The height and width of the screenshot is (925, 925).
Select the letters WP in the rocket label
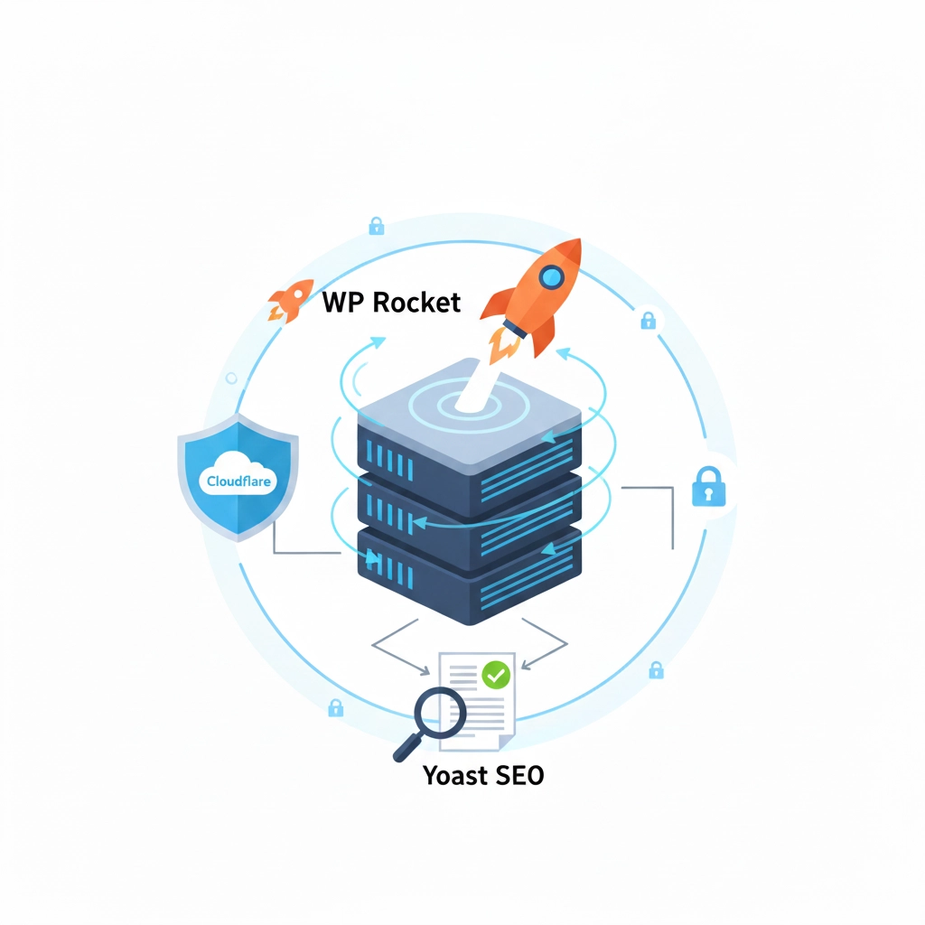344,302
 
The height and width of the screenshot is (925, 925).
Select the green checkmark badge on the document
495,674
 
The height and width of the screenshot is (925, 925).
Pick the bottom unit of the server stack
470,578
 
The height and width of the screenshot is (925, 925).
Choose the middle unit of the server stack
470,515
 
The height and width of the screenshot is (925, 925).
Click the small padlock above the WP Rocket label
376,226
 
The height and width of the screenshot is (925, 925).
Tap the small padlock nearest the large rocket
648,320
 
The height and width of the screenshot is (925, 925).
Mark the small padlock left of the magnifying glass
335,707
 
